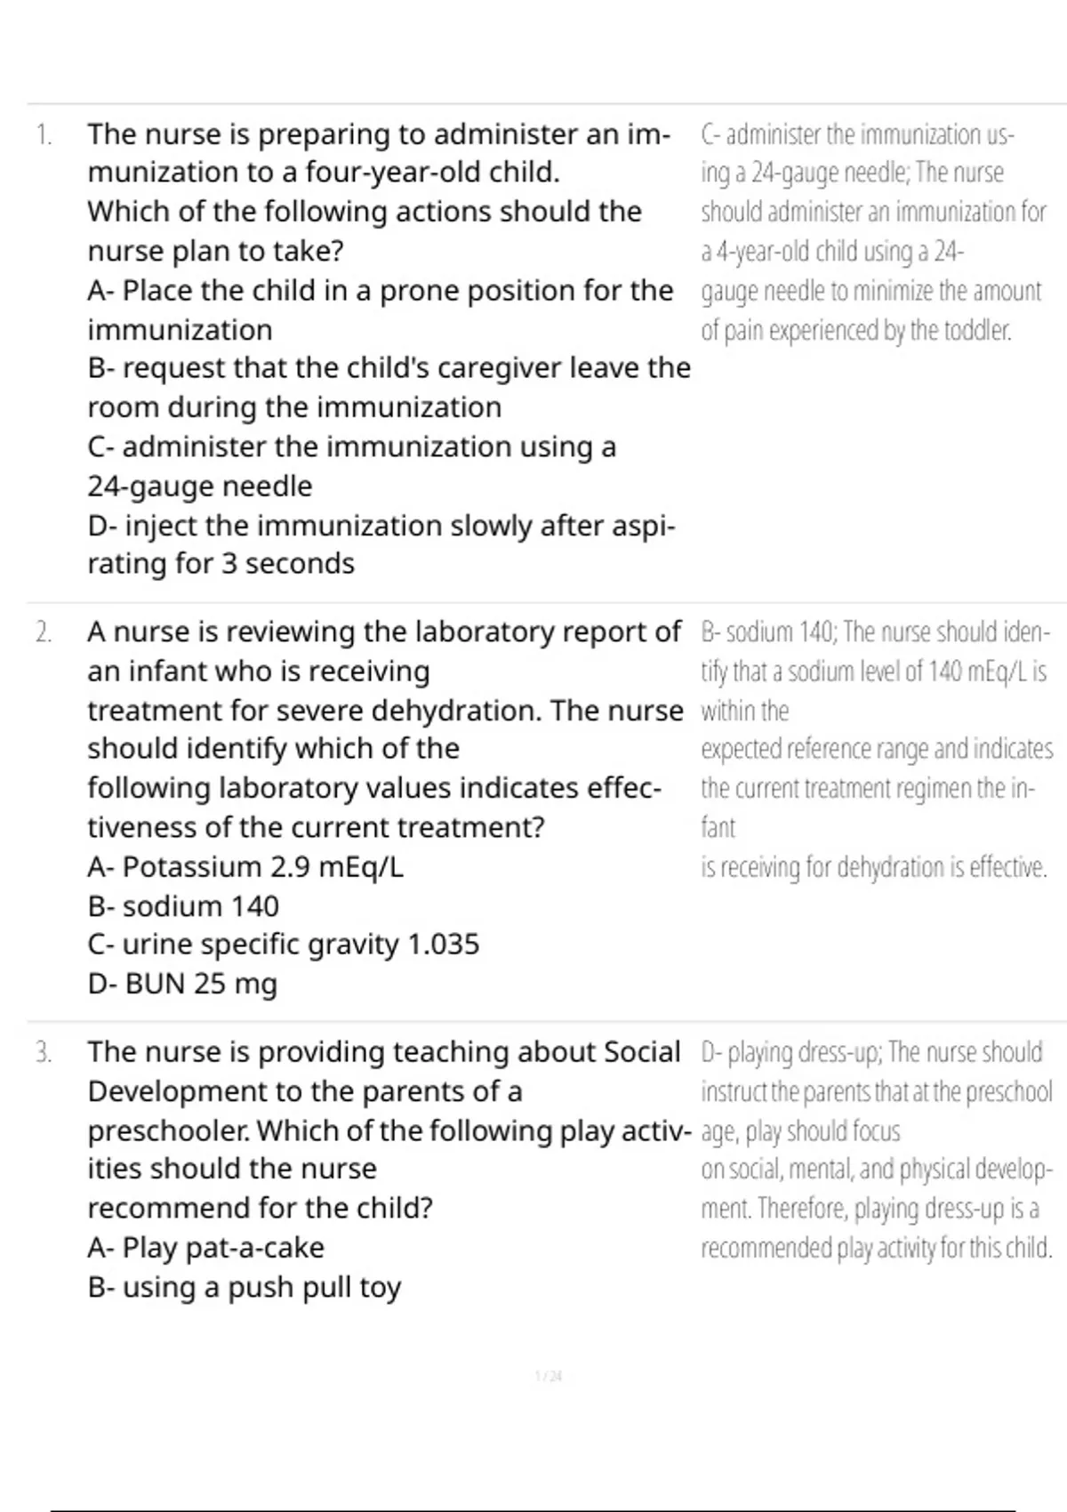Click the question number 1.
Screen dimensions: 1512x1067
[x=42, y=135]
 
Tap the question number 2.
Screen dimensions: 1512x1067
[x=43, y=632]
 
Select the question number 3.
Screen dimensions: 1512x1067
[x=43, y=1053]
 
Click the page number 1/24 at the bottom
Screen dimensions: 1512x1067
[x=549, y=1377]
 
